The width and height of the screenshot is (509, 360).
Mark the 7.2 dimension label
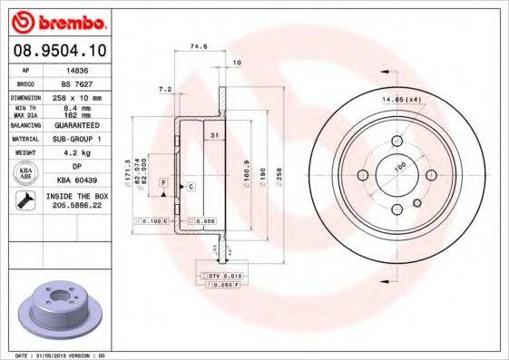coord(164,90)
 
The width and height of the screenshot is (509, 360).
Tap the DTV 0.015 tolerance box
coord(219,274)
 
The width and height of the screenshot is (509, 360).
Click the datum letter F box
coord(162,183)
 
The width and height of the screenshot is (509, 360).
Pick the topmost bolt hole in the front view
coord(397,141)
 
